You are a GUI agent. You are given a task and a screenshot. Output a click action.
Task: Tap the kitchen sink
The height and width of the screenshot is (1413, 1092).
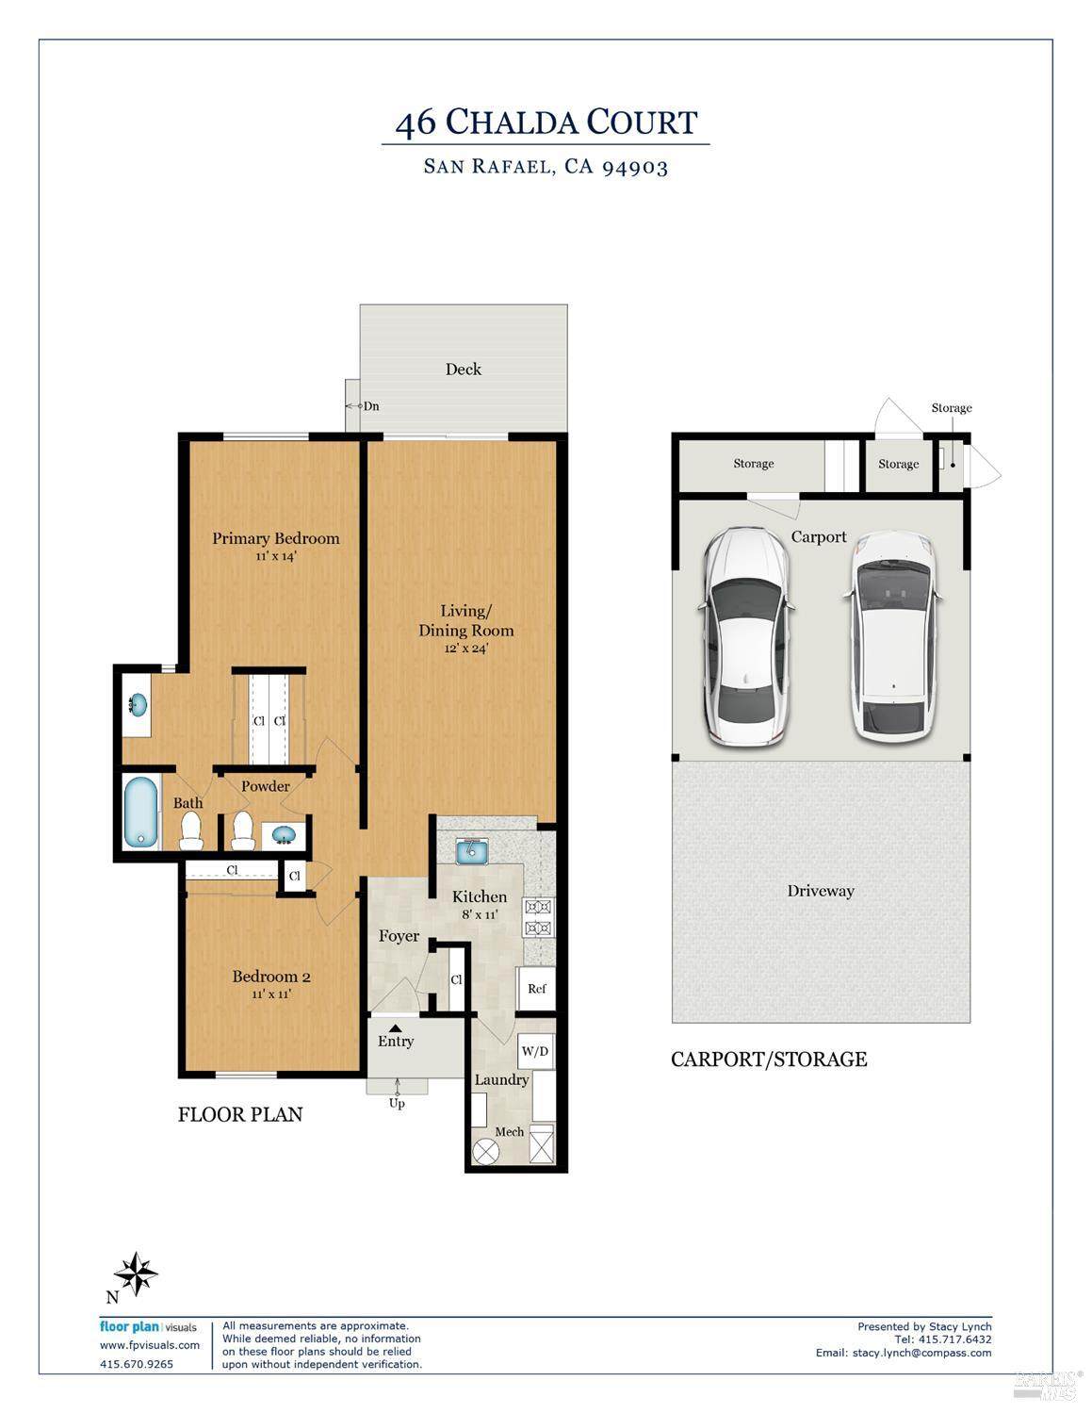[472, 851]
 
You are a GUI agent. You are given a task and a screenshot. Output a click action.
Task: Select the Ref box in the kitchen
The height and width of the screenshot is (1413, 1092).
[536, 989]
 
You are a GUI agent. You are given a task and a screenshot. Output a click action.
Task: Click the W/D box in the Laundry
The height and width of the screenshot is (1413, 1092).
[535, 1051]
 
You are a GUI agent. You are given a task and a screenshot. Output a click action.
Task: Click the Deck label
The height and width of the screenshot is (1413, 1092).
[464, 370]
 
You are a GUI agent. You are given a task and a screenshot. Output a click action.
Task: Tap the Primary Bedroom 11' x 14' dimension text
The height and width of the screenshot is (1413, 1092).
[276, 556]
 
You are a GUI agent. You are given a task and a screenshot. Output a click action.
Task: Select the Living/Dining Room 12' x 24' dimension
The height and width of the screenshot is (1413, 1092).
[466, 649]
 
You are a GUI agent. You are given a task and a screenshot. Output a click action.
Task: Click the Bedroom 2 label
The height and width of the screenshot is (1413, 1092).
[271, 977]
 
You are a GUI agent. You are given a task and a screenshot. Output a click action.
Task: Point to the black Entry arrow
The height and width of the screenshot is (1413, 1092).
[396, 1027]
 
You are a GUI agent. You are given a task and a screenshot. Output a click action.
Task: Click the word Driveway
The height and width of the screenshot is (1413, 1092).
[821, 891]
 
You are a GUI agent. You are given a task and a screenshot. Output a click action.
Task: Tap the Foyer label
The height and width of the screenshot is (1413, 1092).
[399, 936]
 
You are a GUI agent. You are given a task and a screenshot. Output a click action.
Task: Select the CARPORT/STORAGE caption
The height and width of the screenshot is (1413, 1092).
[769, 1060]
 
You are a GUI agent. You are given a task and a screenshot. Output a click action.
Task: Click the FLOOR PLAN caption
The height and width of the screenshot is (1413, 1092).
[240, 1114]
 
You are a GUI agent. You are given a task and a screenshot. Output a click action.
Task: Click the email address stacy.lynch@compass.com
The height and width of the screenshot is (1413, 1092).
[921, 1353]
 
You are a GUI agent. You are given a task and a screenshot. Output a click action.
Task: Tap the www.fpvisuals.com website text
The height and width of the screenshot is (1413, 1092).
[150, 1345]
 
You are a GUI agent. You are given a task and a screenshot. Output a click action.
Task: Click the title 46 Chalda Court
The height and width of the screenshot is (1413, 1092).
[546, 123]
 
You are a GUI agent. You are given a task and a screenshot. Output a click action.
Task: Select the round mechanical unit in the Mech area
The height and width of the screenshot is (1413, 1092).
[485, 1153]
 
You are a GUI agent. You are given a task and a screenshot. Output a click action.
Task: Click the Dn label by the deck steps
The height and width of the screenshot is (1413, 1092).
[371, 406]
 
